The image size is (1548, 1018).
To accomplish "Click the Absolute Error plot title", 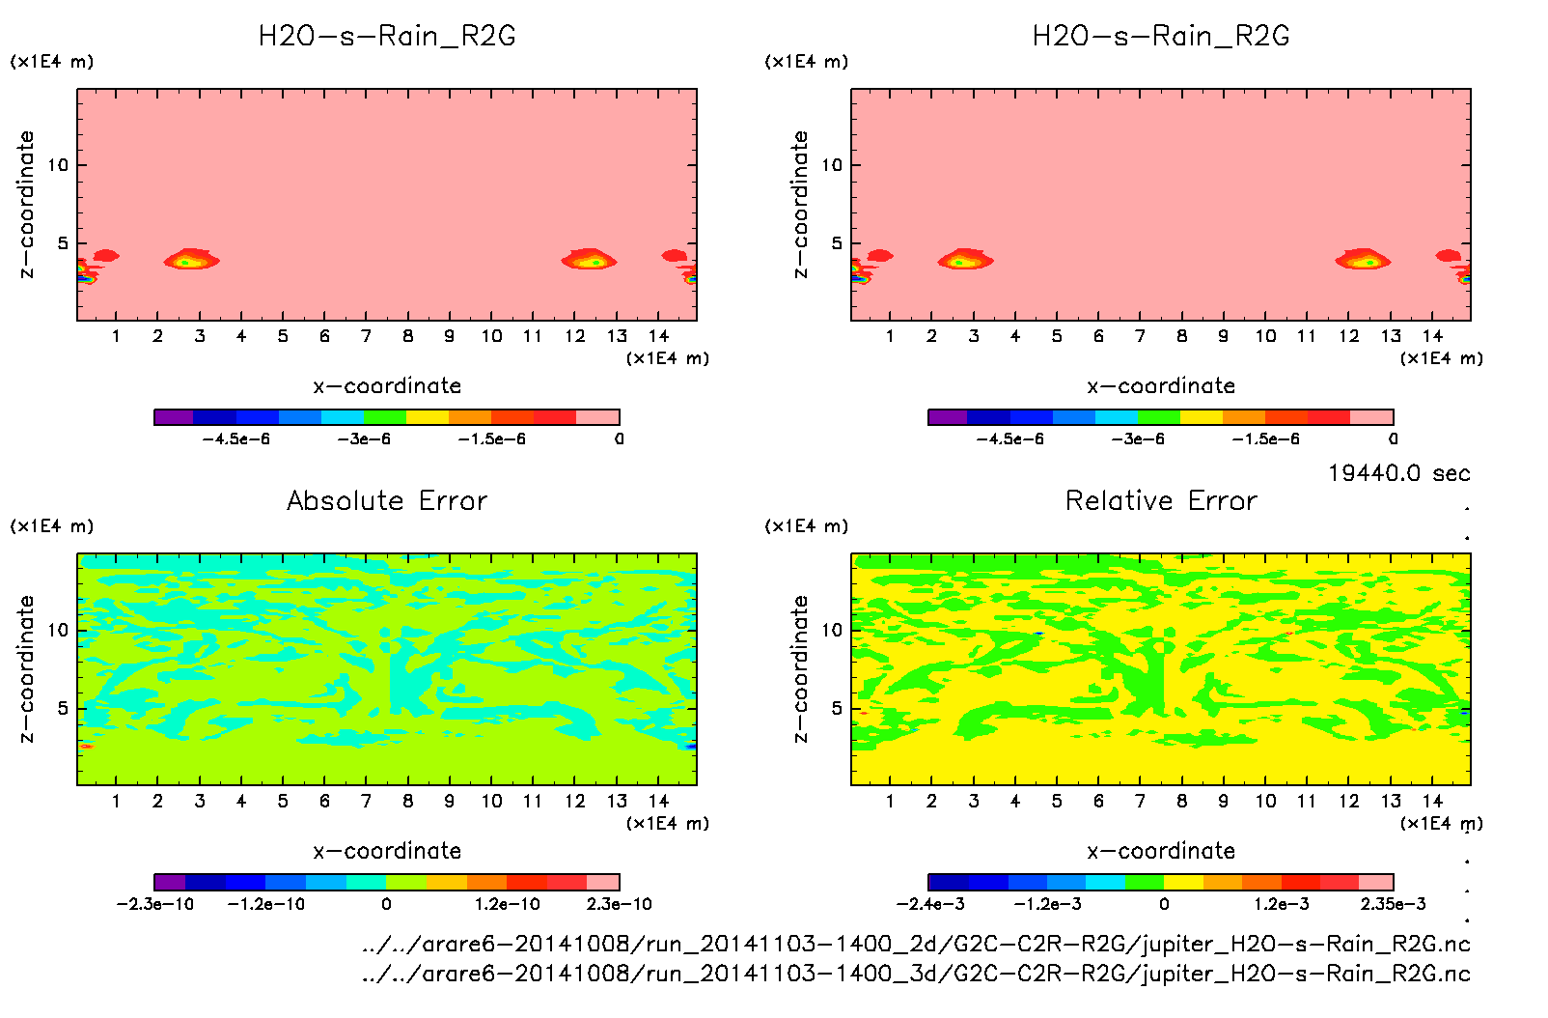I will tap(387, 500).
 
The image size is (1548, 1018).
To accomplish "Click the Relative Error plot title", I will tap(1161, 500).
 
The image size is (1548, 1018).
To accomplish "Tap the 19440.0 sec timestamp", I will tap(1398, 473).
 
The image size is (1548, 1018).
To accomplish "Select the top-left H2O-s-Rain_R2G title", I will tap(387, 36).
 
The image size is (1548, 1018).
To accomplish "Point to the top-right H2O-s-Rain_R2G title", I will tap(1161, 36).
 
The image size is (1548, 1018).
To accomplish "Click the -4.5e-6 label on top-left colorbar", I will tap(236, 439).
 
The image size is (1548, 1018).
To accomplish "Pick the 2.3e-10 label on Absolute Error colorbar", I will tap(620, 904).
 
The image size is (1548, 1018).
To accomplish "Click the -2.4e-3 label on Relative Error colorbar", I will tap(930, 904).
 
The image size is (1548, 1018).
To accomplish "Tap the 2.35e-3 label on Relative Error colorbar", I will tap(1393, 904).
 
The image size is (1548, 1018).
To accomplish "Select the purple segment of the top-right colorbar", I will tap(948, 417).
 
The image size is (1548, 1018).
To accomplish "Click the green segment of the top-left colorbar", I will tap(385, 417).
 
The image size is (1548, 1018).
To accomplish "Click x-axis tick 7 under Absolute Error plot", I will tap(366, 801).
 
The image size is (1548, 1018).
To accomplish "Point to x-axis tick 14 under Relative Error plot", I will tap(1432, 801).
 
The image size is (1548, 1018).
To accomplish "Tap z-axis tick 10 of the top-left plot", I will tap(59, 165).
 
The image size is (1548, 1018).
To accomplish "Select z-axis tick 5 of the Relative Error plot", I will tap(837, 708).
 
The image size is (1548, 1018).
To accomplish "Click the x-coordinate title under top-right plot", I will tap(1161, 386).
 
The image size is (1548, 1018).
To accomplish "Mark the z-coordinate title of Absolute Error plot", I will tap(27, 668).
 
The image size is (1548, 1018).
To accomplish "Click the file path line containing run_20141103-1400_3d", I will tap(916, 974).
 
